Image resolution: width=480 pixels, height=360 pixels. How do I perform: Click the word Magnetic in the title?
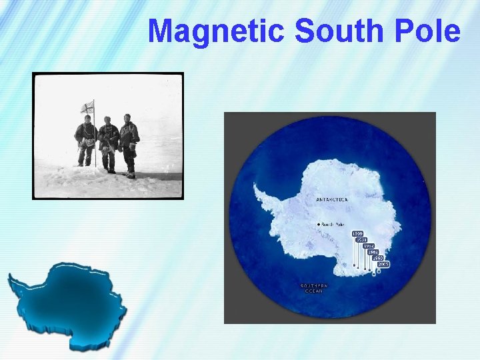point(217,31)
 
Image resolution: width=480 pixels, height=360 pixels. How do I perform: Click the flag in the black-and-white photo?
point(87,107)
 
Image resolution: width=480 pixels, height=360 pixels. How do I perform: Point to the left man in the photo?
point(85,140)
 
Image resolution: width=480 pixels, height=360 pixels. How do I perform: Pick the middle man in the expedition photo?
point(107,143)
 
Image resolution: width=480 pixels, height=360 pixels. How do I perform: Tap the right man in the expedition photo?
point(129,143)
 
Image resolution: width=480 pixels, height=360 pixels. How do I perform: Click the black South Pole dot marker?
point(319,225)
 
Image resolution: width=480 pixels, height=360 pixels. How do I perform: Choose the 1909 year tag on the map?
point(358,234)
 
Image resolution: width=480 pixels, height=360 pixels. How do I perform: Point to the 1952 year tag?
point(369,246)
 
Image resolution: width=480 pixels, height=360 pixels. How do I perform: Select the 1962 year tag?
point(373,252)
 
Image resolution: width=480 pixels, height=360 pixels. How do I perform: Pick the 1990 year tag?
point(378,258)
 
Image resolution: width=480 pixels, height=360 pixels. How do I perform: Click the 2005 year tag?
point(383,264)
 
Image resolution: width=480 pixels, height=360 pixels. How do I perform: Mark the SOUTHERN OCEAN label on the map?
point(313,288)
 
